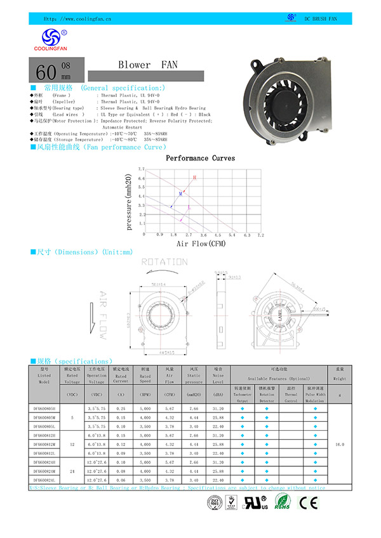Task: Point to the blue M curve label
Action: click(180, 193)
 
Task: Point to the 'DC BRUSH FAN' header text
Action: click(320, 20)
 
